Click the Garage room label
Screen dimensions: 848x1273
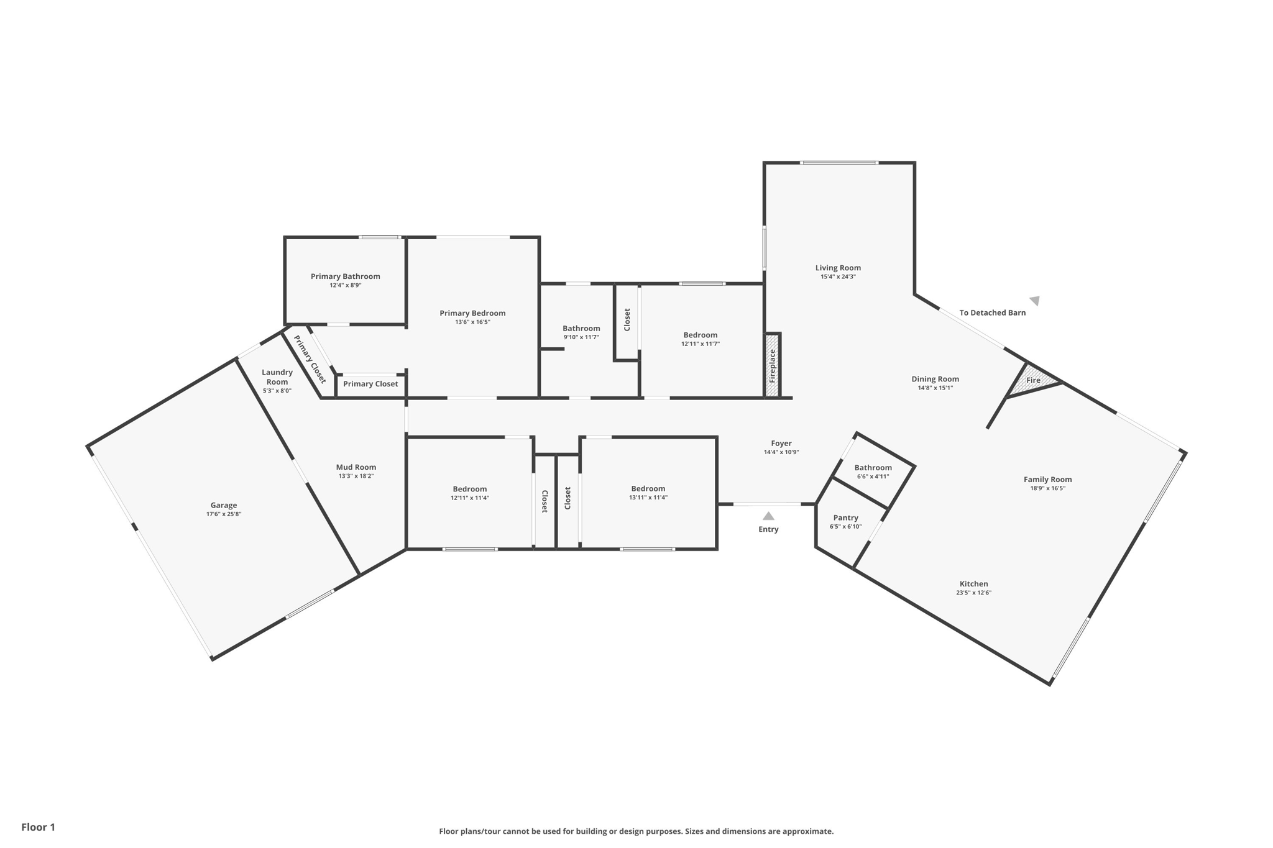click(x=223, y=505)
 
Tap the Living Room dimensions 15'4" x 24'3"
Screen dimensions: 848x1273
click(x=838, y=277)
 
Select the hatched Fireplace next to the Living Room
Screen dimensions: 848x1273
click(x=773, y=365)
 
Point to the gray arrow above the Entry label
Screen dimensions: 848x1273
click(x=768, y=516)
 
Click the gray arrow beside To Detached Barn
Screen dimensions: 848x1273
click(x=1035, y=301)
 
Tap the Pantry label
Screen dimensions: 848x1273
click(x=845, y=517)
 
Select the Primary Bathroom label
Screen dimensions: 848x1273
click(x=345, y=276)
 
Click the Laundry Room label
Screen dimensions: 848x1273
click(x=277, y=377)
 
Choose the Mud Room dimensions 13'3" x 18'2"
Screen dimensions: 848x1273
click(x=356, y=476)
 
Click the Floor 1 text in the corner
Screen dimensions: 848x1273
click(x=38, y=827)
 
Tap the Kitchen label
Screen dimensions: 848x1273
click(x=973, y=583)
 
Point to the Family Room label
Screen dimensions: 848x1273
click(x=1047, y=479)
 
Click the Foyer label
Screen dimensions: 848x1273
click(x=781, y=443)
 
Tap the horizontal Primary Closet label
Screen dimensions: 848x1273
click(x=370, y=384)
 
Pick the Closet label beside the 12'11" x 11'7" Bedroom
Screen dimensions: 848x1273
click(x=627, y=319)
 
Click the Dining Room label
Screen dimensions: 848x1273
click(x=935, y=379)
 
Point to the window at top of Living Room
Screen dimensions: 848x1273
click(x=839, y=163)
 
